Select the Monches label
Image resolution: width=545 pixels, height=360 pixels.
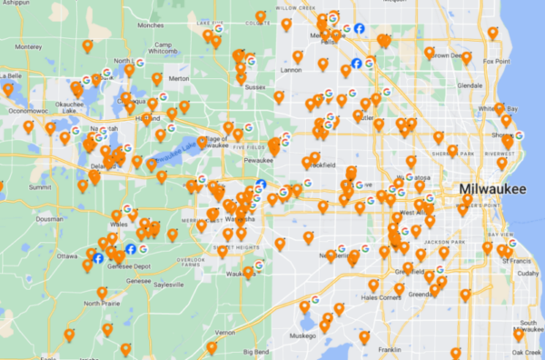(150, 25)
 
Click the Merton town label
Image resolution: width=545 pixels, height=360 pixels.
(178, 78)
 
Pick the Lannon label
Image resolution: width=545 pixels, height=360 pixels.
(291, 70)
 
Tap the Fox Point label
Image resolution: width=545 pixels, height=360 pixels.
(496, 61)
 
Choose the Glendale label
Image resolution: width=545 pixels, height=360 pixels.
(470, 85)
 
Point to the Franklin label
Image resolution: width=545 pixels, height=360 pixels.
(391, 349)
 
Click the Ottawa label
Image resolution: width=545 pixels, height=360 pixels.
(66, 256)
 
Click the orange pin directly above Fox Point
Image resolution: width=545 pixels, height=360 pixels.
(492, 33)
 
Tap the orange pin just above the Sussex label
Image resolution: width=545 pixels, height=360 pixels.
(241, 76)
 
